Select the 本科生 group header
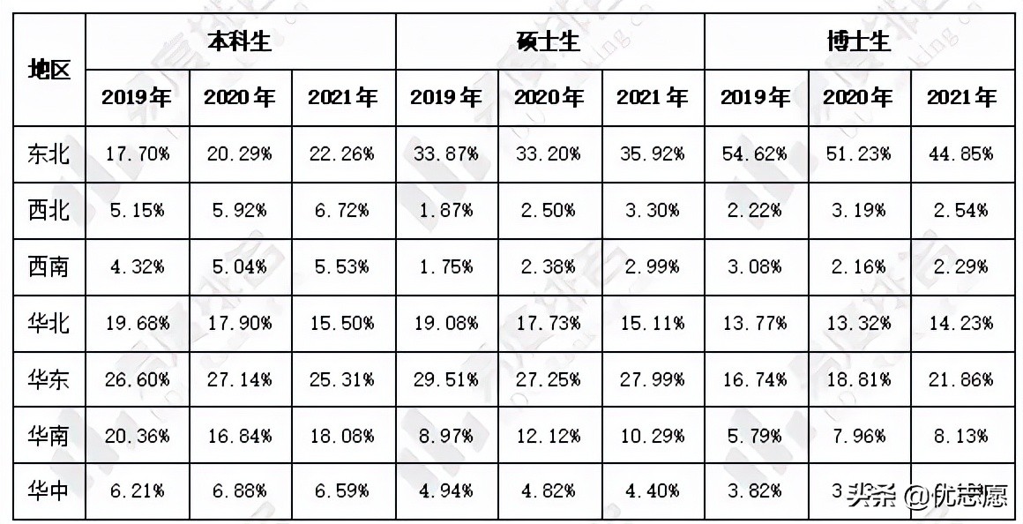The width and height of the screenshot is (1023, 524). [240, 41]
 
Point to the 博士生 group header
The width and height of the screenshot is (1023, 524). [859, 41]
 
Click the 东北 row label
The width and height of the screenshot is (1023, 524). [49, 153]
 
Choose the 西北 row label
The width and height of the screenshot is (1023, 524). [49, 210]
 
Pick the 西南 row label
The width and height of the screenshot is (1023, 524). [49, 266]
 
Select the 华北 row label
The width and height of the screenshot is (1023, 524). [49, 323]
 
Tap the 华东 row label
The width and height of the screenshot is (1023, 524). [49, 379]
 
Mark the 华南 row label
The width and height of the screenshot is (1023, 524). [49, 436]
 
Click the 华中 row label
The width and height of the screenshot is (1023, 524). [49, 491]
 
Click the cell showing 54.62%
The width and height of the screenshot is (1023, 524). [755, 153]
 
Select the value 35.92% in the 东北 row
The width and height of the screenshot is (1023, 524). [652, 153]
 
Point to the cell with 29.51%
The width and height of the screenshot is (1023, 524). [445, 379]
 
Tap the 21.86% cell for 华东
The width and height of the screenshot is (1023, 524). [960, 379]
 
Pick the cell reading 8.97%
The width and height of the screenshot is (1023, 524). [445, 436]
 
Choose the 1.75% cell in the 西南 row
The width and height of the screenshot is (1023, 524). [445, 266]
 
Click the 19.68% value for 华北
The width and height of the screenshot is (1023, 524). [137, 323]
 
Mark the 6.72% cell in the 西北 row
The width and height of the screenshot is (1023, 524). [342, 210]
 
